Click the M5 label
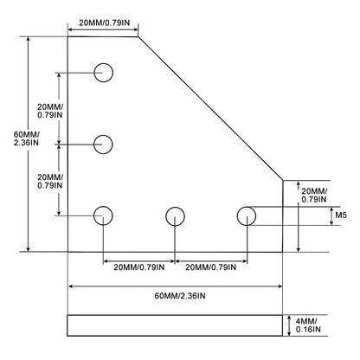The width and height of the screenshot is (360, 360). pos(341,215)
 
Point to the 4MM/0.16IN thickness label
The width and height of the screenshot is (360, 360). pos(308,325)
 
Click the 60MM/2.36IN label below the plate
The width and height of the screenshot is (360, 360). pos(180,296)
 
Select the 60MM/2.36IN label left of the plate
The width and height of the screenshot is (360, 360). pos(27,138)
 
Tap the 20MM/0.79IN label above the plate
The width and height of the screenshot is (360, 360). pos(105,22)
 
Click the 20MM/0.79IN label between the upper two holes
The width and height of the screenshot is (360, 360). pos(50,111)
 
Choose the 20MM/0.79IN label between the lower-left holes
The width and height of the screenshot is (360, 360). pos(50,182)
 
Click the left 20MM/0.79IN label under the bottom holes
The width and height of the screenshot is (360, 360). pos(139,267)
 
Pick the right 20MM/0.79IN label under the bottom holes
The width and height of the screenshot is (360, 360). pos(210,267)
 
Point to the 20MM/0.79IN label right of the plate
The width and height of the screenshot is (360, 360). pos(314,195)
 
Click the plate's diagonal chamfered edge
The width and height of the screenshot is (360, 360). pos(210,108)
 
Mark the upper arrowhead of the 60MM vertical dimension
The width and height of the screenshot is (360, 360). pos(28,40)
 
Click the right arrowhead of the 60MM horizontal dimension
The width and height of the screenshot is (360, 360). pos(280,286)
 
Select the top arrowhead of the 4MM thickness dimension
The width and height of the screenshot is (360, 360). pos(289,318)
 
